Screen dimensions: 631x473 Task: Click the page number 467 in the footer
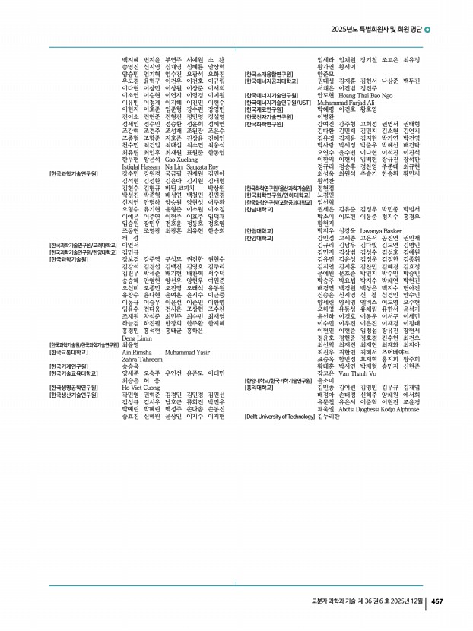click(x=437, y=602)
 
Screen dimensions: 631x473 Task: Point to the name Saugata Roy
click(x=202, y=166)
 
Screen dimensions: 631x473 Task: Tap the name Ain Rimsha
click(x=137, y=352)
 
